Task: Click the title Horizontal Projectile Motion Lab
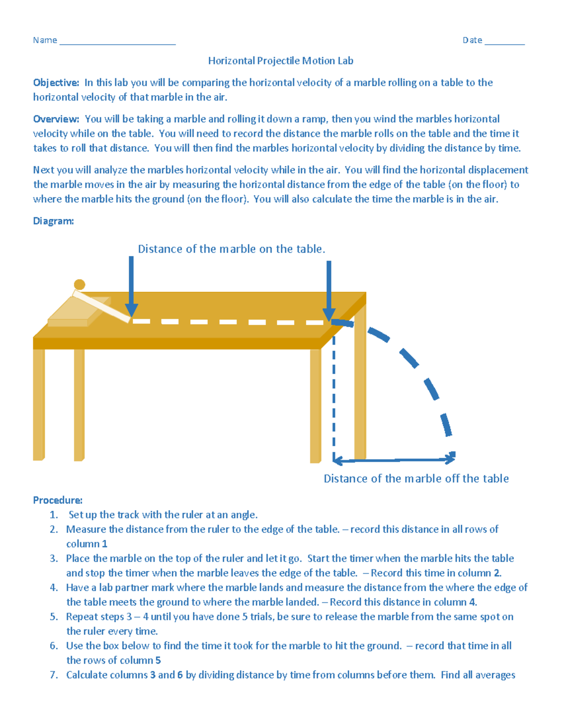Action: coord(281,61)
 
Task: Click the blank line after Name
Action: coord(118,43)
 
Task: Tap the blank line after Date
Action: coord(504,43)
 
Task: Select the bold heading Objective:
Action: coord(56,83)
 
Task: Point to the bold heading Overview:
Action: coord(56,119)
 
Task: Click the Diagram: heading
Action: coord(53,221)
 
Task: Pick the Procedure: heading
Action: coord(58,500)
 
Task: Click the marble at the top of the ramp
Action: coord(80,285)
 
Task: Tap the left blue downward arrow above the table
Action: coord(132,286)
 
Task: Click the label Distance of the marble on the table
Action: coord(231,249)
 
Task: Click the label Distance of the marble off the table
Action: coord(416,479)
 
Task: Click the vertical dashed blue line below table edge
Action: coord(333,398)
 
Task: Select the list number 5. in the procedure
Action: coord(54,617)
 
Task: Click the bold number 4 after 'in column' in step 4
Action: coord(473,602)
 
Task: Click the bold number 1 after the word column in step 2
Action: coord(104,544)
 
